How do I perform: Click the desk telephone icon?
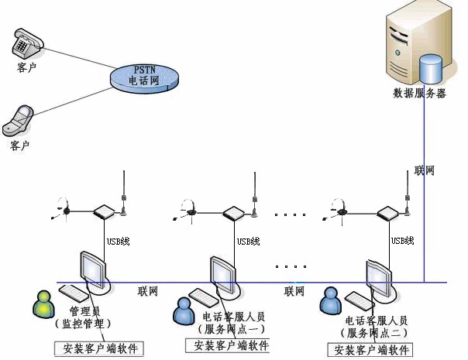click(28, 43)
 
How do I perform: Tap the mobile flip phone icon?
click(18, 121)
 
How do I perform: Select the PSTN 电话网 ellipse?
click(144, 78)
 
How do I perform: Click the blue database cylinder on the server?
click(430, 69)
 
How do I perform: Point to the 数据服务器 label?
click(419, 94)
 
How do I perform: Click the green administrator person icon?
click(43, 304)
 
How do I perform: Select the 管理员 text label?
click(84, 311)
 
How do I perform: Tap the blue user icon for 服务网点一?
click(184, 311)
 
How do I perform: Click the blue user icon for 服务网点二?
click(330, 300)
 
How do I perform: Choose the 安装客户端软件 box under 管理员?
click(99, 348)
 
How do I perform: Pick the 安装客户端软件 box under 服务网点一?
click(227, 346)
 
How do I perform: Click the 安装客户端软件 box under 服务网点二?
click(370, 350)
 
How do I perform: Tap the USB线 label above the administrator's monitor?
click(119, 242)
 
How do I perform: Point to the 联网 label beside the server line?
click(425, 170)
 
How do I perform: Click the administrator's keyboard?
click(74, 293)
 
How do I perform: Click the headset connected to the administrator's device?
click(62, 209)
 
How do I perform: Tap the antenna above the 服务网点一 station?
click(254, 194)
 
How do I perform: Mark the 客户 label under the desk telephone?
click(26, 67)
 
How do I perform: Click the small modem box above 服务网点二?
click(388, 214)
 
